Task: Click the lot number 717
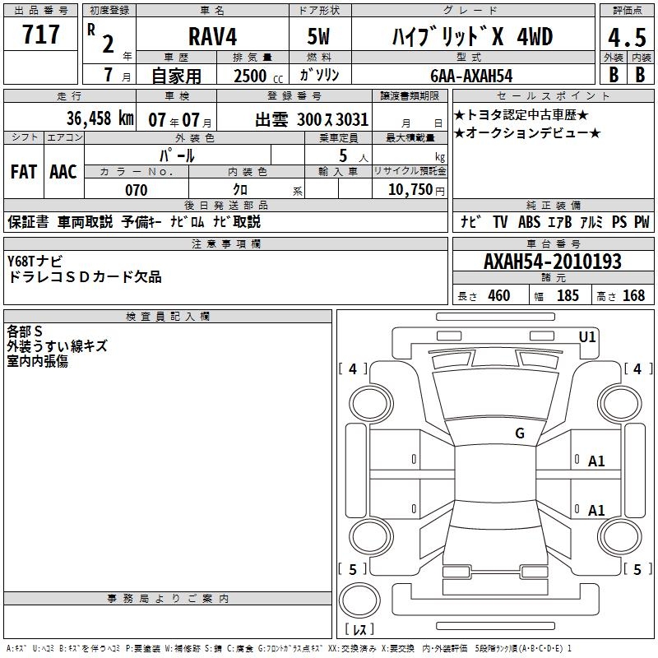pyautogui.click(x=40, y=34)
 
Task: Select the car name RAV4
pyautogui.click(x=212, y=36)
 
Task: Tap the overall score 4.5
pyautogui.click(x=627, y=38)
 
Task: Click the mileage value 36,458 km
pyautogui.click(x=100, y=118)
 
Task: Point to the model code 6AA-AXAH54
pyautogui.click(x=471, y=76)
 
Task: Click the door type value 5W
pyautogui.click(x=318, y=36)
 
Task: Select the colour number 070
pyautogui.click(x=137, y=190)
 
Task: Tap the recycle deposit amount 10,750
pyautogui.click(x=410, y=190)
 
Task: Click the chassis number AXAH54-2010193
pyautogui.click(x=553, y=261)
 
